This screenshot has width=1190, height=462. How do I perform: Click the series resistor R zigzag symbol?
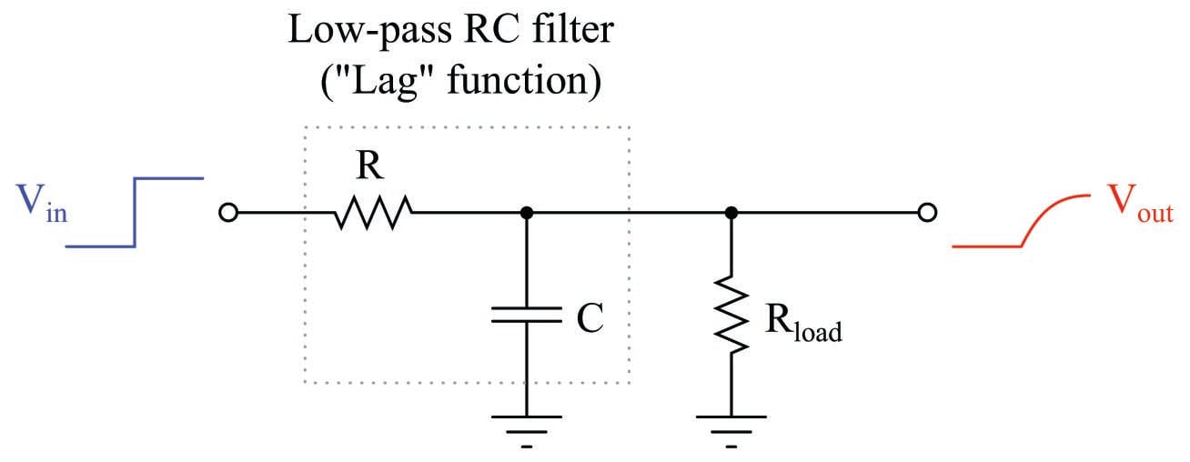373,215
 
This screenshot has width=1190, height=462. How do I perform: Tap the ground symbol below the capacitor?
526,423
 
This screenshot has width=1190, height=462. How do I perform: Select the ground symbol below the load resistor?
731,423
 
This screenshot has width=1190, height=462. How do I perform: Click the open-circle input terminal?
228,214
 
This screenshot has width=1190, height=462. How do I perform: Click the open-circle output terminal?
926,214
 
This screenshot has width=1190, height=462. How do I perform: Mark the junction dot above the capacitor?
526,214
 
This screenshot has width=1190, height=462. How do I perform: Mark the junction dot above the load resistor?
731,214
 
